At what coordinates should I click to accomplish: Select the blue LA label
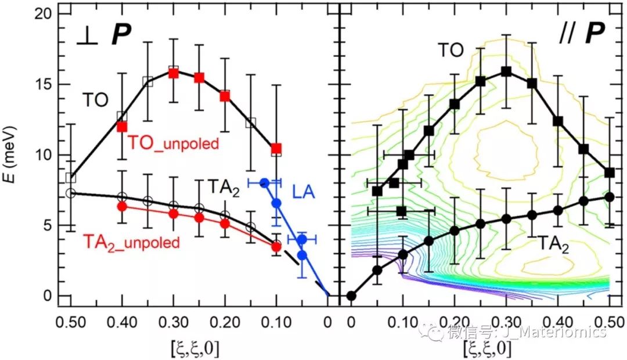tap(305, 189)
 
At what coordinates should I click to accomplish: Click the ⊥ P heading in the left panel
tap(105, 35)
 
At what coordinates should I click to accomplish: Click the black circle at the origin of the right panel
tap(351, 296)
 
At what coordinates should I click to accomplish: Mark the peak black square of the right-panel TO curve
tap(506, 71)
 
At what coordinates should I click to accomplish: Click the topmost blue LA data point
tap(264, 183)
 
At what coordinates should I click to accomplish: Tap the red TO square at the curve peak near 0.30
tap(173, 73)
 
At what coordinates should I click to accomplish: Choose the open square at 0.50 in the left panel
tap(71, 178)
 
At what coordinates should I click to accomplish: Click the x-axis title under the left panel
tap(192, 348)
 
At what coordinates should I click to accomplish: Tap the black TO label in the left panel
tap(95, 100)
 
